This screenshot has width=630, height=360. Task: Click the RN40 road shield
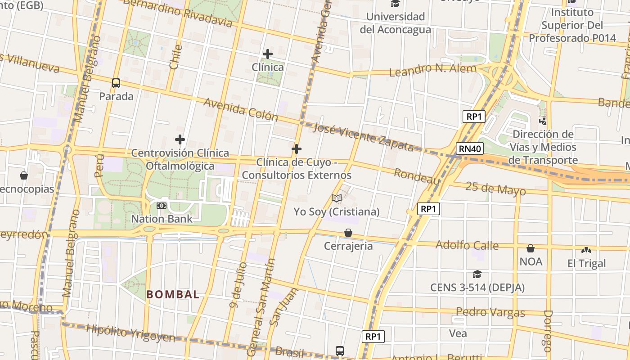click(470, 148)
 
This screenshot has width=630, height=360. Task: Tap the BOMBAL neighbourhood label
click(173, 295)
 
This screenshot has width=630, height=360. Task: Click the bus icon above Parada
click(116, 83)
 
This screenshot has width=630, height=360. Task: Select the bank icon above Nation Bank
click(162, 206)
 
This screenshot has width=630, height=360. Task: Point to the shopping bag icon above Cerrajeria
click(348, 233)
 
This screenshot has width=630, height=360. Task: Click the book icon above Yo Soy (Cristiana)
click(337, 198)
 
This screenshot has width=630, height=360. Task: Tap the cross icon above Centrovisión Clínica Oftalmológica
click(180, 139)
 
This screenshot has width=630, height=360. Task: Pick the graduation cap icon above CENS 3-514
click(477, 274)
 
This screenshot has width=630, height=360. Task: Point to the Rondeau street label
click(417, 176)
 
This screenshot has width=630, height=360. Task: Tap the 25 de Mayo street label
click(495, 188)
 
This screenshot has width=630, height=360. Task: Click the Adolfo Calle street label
click(467, 245)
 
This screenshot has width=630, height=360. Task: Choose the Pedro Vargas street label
click(490, 312)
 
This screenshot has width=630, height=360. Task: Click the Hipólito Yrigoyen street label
click(130, 333)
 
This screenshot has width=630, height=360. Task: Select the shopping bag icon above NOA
click(531, 248)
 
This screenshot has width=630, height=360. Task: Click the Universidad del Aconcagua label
click(396, 23)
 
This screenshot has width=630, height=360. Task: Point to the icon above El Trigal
click(586, 250)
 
